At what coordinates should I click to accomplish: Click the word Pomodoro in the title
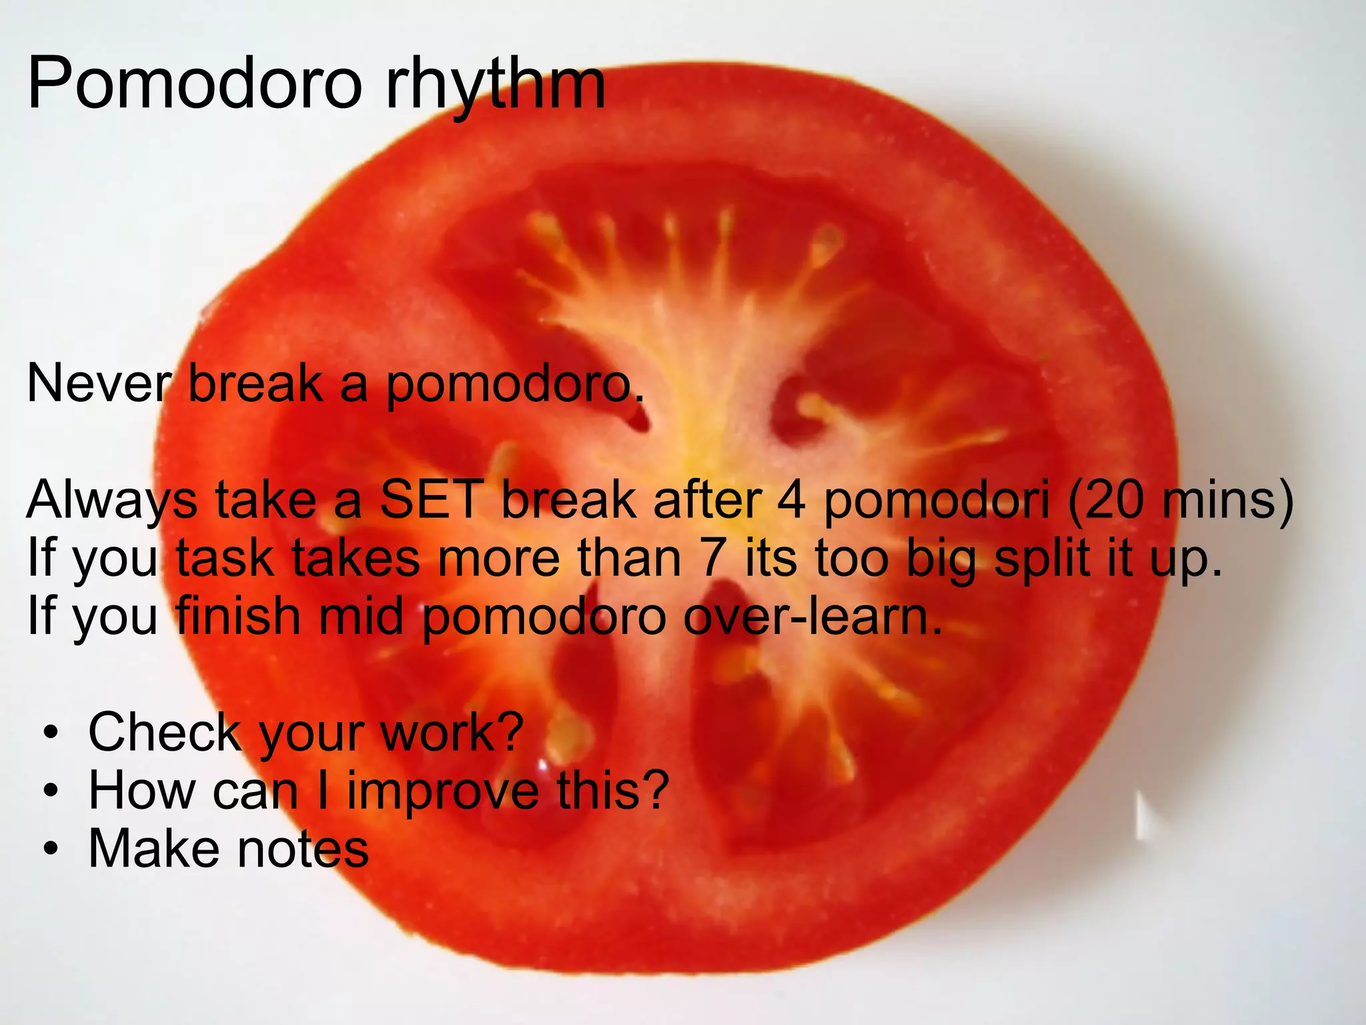tap(194, 84)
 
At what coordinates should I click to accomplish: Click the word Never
tap(99, 384)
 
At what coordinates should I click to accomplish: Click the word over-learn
tap(812, 616)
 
